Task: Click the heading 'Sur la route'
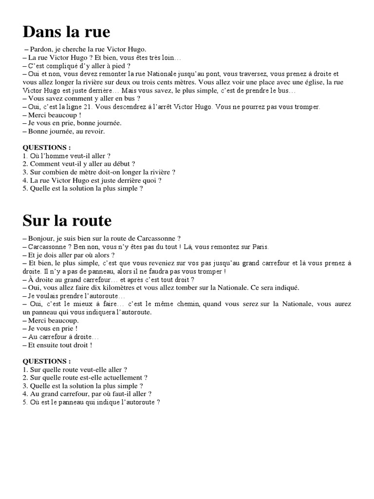67,221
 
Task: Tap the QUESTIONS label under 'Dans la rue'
47,147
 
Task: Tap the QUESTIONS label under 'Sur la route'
47,362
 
